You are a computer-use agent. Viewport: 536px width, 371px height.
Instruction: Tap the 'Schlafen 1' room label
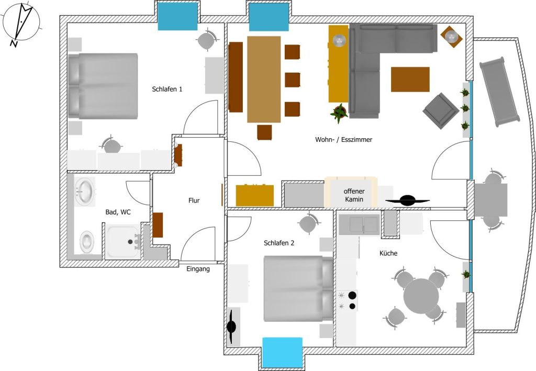point(167,89)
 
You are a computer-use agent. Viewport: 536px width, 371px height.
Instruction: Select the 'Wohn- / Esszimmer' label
point(343,139)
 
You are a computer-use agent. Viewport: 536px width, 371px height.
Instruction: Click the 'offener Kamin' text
point(354,195)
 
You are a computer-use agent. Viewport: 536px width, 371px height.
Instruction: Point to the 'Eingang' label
point(198,269)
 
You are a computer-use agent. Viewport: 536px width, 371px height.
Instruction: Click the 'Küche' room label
point(388,253)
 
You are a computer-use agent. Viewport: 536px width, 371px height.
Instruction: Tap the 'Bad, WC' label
point(118,212)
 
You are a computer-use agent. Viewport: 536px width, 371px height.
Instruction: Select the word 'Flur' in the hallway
point(194,200)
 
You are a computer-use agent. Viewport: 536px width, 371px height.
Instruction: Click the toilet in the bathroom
point(87,242)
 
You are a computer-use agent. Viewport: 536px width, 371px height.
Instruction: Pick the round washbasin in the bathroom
point(85,192)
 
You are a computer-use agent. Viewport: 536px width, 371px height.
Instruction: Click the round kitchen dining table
point(421,296)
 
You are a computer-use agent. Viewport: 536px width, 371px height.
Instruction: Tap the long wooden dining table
point(264,79)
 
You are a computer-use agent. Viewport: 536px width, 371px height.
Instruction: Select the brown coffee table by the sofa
point(410,79)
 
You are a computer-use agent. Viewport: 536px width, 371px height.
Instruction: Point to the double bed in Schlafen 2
point(298,289)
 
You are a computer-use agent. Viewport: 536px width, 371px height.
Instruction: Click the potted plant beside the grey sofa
point(339,113)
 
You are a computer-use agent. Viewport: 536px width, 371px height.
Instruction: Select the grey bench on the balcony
point(499,92)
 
